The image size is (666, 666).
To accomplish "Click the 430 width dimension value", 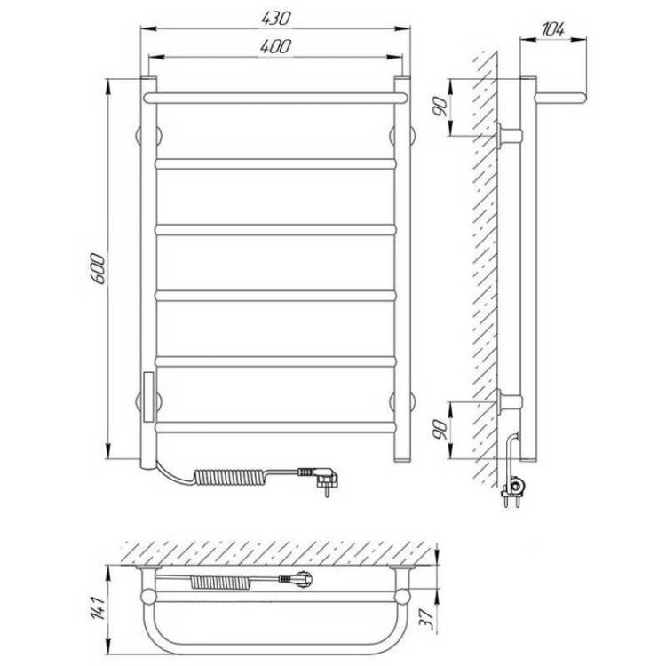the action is coord(275,19).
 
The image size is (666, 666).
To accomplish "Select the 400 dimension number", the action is coord(275,46).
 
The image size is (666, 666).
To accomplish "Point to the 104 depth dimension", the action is coord(553,29).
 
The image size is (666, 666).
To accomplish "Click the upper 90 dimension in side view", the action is coord(440,107).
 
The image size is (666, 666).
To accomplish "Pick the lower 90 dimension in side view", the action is coord(440,430).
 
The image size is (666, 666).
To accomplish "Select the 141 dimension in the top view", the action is coord(98,608).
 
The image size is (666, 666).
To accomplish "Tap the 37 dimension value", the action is coord(427,619).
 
